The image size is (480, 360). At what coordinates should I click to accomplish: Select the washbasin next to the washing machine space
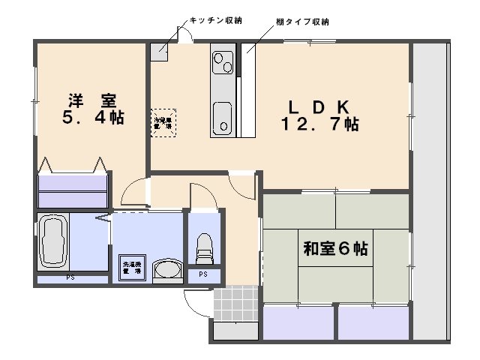coord(166,270)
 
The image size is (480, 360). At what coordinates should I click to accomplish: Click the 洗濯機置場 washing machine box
coord(132,267)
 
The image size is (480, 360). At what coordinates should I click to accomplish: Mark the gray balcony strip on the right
coord(432,187)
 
